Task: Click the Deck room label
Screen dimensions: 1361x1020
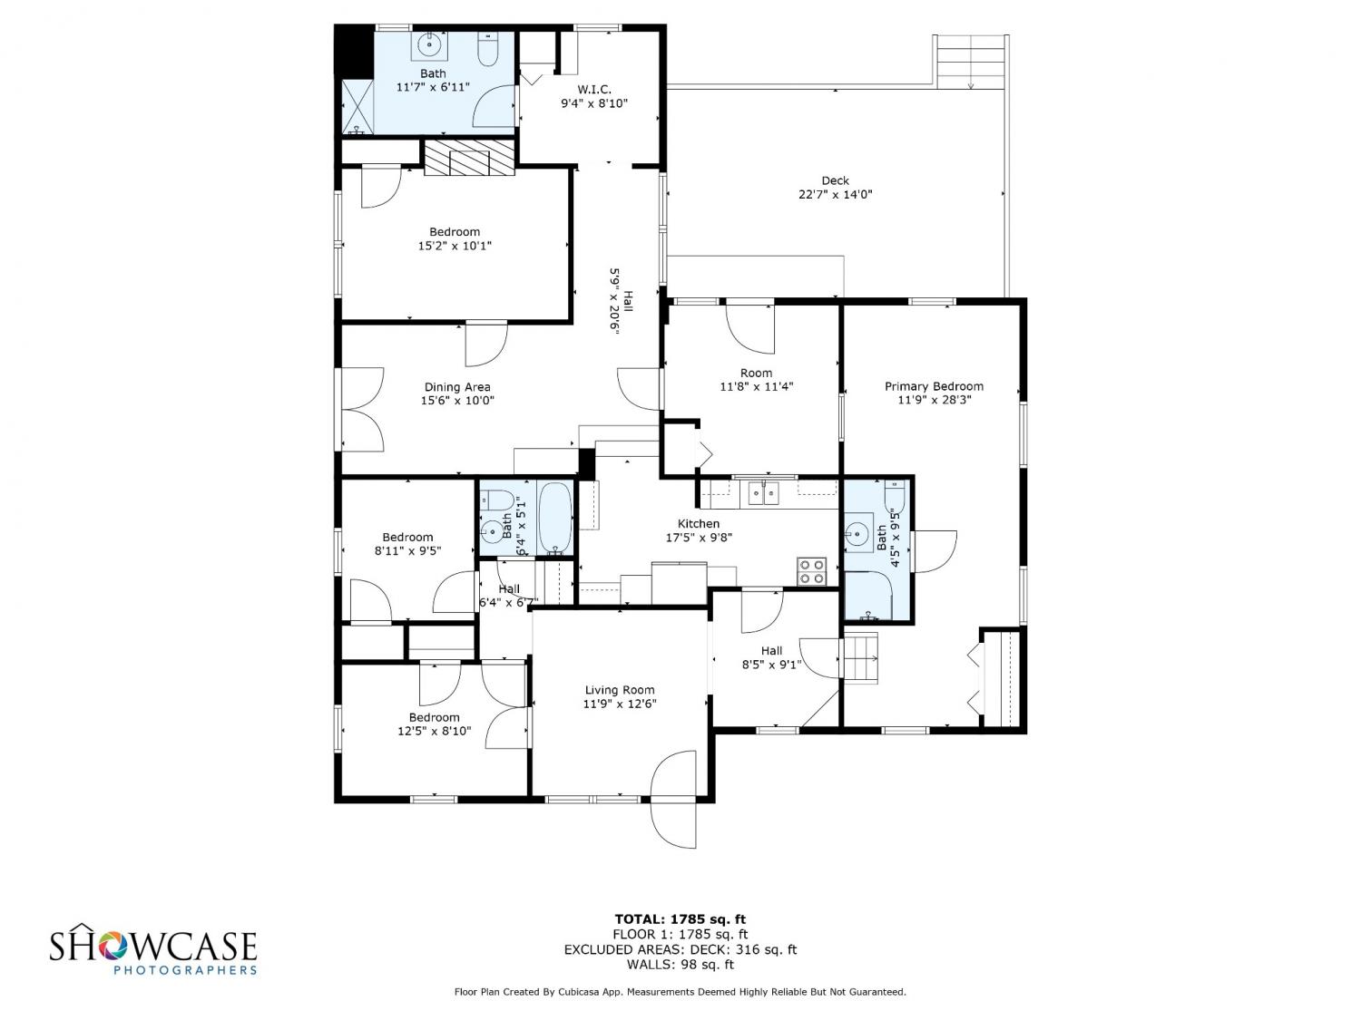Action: (x=835, y=180)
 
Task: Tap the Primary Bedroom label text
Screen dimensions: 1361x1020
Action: (x=933, y=386)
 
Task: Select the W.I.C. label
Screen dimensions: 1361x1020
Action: (x=594, y=90)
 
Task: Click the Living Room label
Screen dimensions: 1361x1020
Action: (x=620, y=690)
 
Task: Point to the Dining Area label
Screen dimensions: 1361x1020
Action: (x=457, y=387)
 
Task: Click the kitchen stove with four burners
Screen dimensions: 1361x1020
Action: (x=812, y=571)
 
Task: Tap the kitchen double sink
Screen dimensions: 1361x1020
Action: (x=763, y=493)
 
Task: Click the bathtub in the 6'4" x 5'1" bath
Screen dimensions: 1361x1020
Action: (x=555, y=518)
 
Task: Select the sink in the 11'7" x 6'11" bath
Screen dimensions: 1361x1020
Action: (x=429, y=45)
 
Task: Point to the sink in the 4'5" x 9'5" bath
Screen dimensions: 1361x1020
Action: (x=858, y=531)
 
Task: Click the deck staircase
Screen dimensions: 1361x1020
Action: (x=970, y=62)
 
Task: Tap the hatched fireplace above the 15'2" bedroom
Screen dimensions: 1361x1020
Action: (x=469, y=158)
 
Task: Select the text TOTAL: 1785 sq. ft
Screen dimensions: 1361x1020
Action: (x=680, y=919)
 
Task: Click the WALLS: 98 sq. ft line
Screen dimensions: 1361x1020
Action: (x=680, y=965)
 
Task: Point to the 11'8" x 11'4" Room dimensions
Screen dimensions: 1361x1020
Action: (x=757, y=386)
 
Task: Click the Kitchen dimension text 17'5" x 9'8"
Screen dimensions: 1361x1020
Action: (x=699, y=538)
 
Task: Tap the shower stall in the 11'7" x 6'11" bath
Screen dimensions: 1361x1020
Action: (x=357, y=106)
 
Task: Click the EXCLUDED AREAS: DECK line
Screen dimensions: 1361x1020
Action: (x=680, y=949)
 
